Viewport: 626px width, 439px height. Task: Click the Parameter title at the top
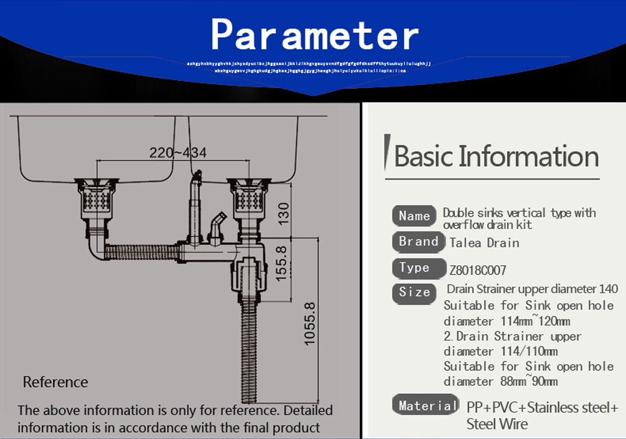[314, 34]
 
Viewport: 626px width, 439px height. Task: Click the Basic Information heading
[496, 156]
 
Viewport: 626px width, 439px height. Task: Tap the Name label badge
[414, 216]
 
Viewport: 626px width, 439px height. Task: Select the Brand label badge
[418, 241]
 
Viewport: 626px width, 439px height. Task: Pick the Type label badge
[414, 268]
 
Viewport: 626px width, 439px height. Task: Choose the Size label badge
[414, 292]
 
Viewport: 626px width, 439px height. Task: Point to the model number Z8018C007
[478, 271]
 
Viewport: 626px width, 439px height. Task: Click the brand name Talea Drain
[485, 243]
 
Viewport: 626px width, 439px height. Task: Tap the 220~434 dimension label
[178, 153]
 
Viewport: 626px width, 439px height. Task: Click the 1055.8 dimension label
[309, 324]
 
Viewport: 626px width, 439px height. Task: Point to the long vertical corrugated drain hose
[249, 350]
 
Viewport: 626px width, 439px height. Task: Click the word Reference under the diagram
[56, 382]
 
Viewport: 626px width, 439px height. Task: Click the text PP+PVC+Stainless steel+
[542, 408]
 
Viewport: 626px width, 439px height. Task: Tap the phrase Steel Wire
[497, 424]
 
